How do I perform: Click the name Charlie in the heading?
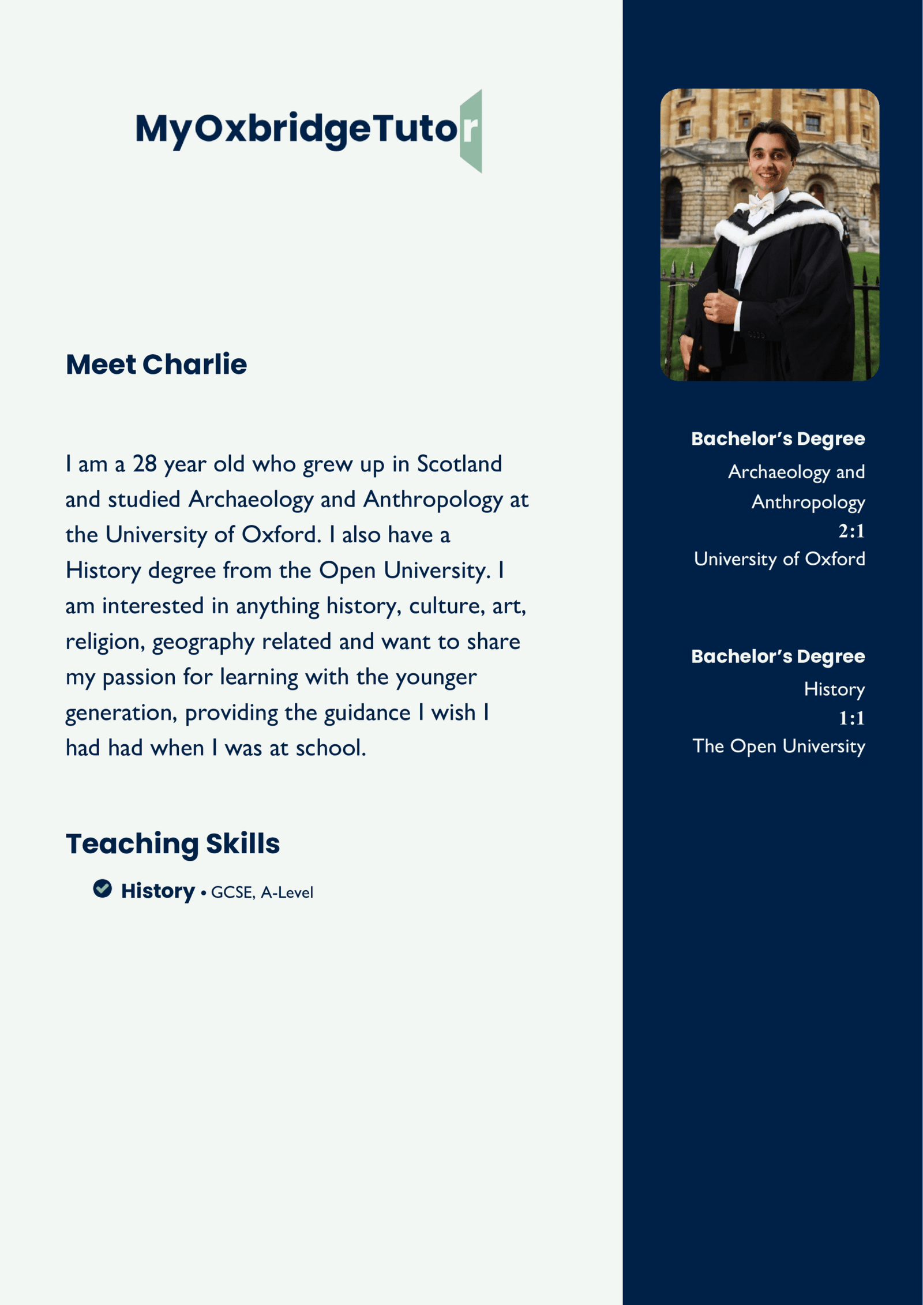point(194,365)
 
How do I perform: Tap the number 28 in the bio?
point(145,464)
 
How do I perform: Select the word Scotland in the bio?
point(459,464)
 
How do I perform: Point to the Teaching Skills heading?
point(172,843)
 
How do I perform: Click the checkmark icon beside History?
point(103,889)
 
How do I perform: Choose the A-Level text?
point(287,892)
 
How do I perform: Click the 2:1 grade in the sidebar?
point(851,531)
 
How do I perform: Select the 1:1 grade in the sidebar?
point(851,718)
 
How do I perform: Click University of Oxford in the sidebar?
point(779,558)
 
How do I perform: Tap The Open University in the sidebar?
point(779,746)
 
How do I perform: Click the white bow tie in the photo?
point(761,203)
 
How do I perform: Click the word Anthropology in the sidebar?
point(808,502)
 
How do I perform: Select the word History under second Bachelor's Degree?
point(834,689)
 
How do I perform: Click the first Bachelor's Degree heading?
point(778,438)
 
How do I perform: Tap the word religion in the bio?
point(105,642)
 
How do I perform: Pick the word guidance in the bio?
point(367,713)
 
